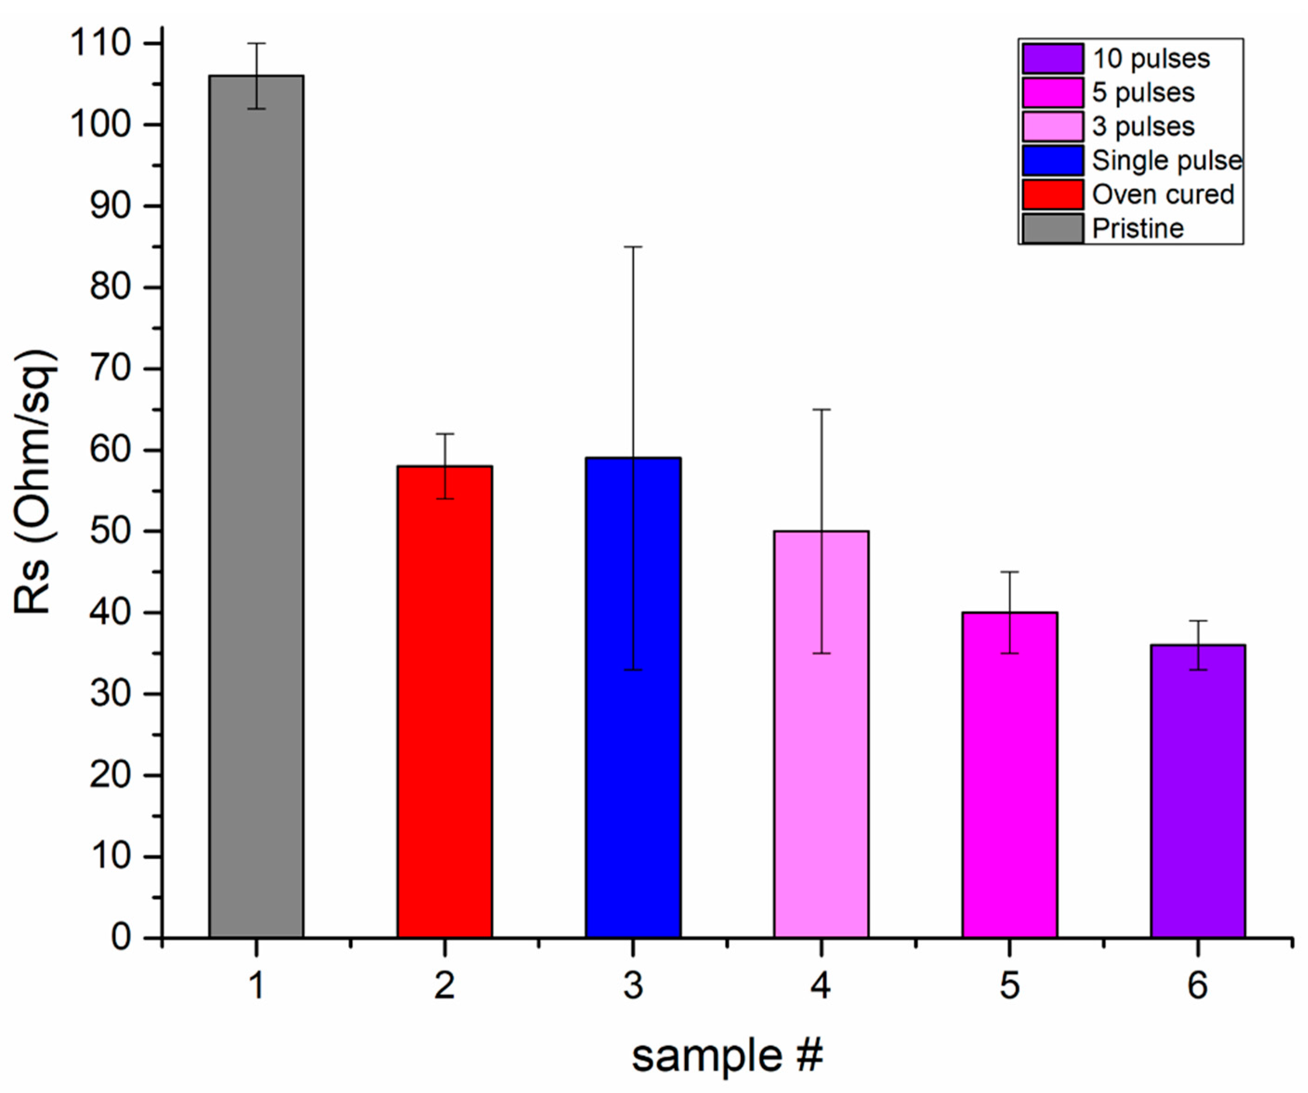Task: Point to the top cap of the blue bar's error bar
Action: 633,247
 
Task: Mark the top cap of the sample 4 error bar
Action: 821,410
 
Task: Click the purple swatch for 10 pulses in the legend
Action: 1052,59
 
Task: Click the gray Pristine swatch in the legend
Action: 1052,229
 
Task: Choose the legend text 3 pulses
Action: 1143,126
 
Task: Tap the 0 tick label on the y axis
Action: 121,937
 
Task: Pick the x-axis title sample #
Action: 727,1055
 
